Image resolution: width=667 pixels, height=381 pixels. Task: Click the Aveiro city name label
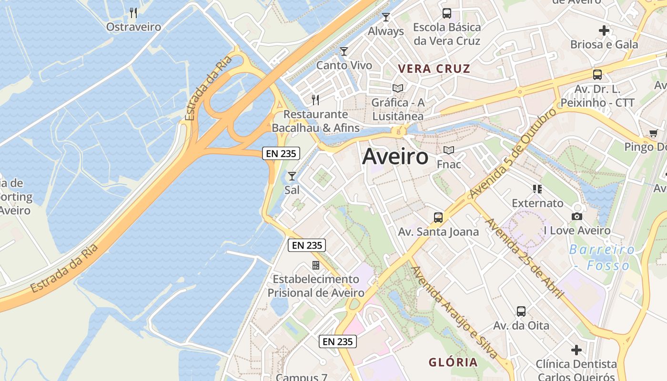click(x=395, y=157)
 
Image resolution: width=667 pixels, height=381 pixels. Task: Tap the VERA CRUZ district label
click(x=434, y=69)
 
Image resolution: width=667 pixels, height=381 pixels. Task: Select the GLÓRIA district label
click(x=453, y=362)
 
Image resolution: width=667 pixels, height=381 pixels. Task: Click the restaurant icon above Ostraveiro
click(x=133, y=13)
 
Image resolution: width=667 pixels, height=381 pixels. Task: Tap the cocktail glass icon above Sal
click(x=292, y=176)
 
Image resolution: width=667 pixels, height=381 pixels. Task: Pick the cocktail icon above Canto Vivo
click(x=344, y=51)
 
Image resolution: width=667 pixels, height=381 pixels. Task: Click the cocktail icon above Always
click(x=386, y=17)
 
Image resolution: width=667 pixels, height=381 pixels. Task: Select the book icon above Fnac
click(x=449, y=150)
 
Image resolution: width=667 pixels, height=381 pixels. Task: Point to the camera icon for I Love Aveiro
click(x=576, y=217)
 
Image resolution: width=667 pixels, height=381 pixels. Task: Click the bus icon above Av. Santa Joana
click(x=438, y=218)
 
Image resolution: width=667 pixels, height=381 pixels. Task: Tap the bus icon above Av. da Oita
click(x=521, y=311)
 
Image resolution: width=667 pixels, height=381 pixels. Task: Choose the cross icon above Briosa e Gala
click(x=604, y=30)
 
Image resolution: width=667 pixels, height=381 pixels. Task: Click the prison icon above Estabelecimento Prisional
click(x=316, y=265)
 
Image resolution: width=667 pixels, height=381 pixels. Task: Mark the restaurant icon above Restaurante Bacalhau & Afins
click(x=315, y=100)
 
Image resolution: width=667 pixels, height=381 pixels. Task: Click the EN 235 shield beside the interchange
click(x=281, y=153)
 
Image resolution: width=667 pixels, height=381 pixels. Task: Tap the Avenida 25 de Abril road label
click(x=524, y=259)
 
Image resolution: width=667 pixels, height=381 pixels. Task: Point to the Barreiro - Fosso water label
click(x=602, y=257)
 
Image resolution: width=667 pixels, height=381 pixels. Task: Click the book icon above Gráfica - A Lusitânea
click(x=397, y=88)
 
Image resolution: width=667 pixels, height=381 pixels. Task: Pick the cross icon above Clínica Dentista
click(x=576, y=350)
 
